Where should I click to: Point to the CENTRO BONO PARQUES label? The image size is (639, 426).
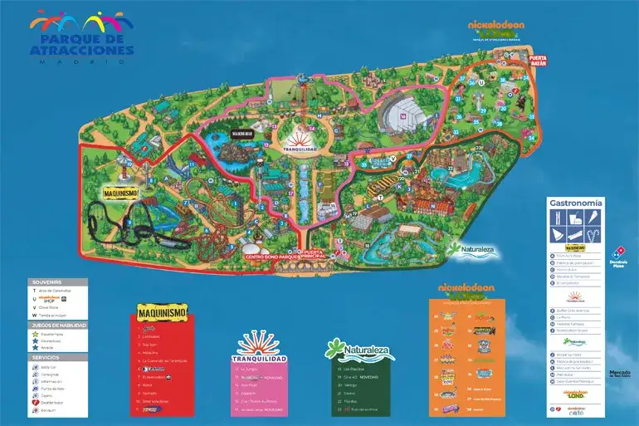271,257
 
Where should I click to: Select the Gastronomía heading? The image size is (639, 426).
575,203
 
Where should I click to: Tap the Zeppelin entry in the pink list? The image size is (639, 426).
249,394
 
